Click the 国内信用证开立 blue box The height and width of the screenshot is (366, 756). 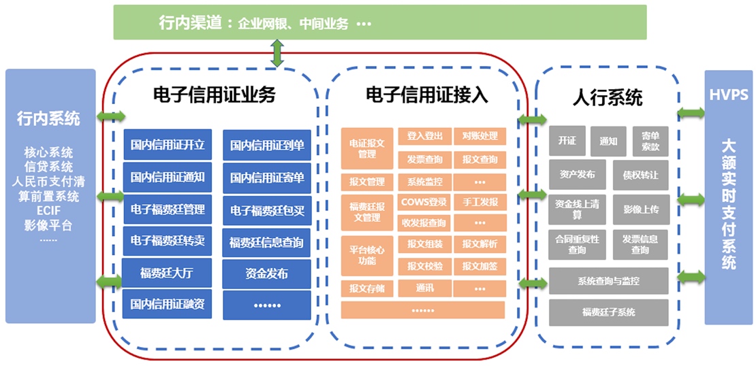coord(168,145)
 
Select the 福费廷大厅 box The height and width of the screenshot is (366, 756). coord(168,273)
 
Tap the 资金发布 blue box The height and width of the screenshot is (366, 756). coord(266,273)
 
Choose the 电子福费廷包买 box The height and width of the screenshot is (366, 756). coord(266,210)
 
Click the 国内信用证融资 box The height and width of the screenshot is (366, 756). coord(168,304)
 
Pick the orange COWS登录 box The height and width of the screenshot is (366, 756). coord(424,202)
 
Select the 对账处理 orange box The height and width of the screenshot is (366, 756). coord(479,136)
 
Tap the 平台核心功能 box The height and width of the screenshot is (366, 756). coord(367,256)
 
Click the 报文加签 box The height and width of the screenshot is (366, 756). coord(479,266)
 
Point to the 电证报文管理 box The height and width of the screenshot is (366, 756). coord(367,149)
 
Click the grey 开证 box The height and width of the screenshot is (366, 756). coord(567,141)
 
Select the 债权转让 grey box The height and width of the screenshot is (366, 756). coord(640,175)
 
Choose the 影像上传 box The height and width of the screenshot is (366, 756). coord(640,210)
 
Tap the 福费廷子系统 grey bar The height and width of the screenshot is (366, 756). coord(608,312)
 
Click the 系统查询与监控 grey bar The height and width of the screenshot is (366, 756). coord(608,280)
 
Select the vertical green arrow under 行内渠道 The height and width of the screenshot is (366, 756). coord(277,53)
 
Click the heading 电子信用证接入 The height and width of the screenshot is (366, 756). coord(426,95)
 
